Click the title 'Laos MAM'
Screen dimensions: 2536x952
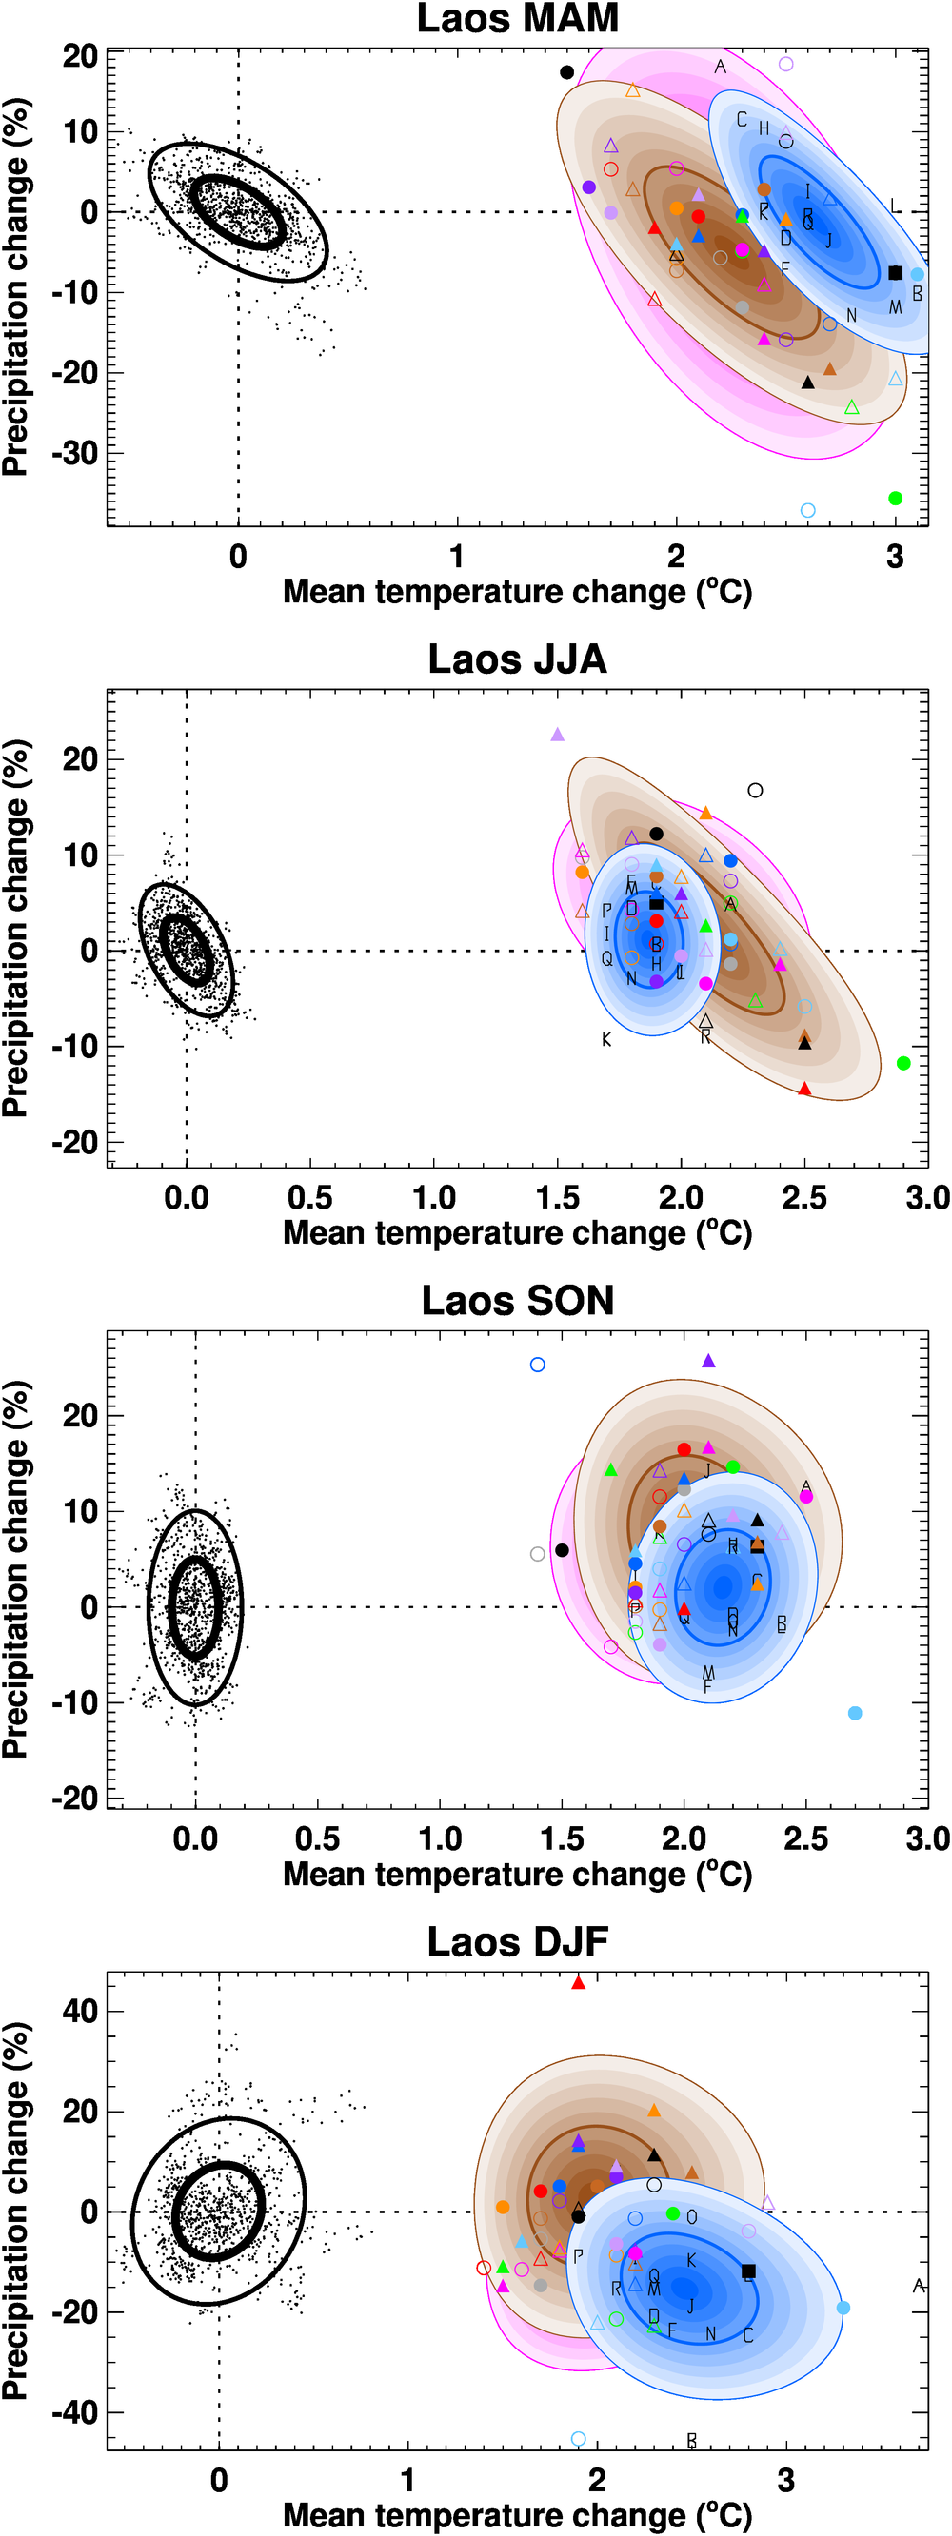517,19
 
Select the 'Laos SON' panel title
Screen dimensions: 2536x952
517,1301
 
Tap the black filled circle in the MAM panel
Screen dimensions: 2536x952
567,72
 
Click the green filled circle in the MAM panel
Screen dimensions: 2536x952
895,498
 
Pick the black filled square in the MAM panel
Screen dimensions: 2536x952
895,273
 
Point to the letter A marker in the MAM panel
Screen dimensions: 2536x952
721,67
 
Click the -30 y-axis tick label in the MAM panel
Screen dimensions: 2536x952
75,453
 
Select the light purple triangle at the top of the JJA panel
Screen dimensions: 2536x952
557,735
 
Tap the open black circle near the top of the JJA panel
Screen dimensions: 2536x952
755,790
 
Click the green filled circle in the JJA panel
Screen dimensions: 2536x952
903,1062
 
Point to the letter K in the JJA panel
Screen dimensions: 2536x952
606,1039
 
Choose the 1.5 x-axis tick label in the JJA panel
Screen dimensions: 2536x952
557,1197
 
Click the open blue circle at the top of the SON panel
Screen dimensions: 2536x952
538,1365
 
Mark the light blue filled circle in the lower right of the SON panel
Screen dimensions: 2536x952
855,1713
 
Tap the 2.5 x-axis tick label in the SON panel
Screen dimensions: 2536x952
805,1838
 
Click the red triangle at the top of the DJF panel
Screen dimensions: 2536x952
578,1983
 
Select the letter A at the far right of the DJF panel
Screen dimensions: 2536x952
919,2285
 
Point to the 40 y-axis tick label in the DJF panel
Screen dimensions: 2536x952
80,2011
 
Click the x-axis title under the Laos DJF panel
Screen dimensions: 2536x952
517,2514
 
